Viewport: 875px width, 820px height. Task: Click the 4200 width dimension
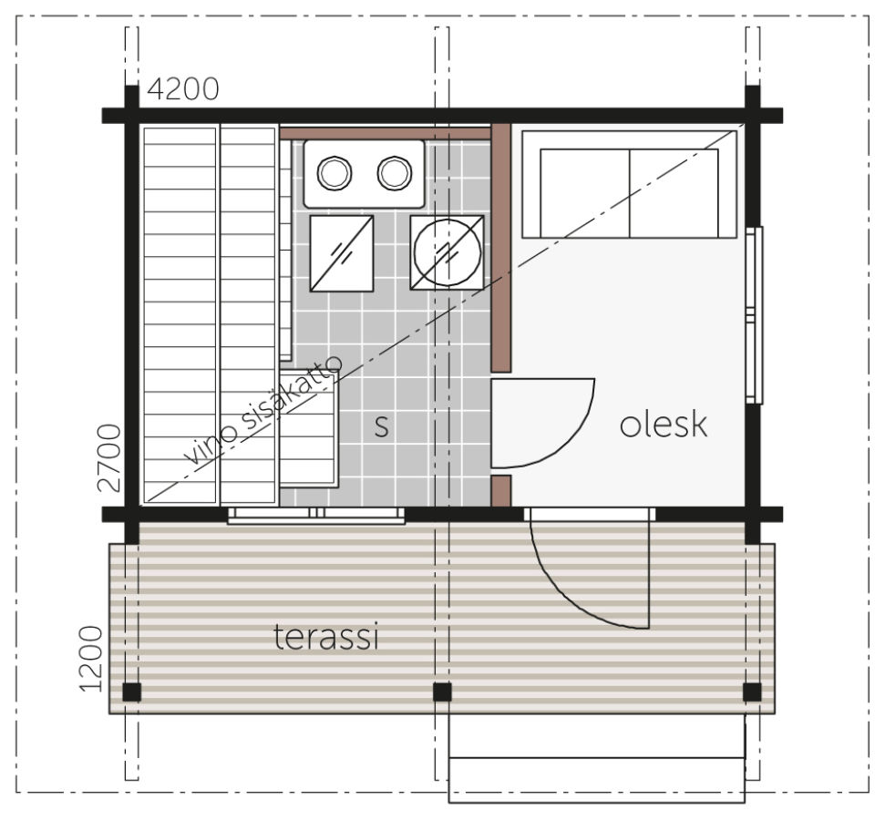pyautogui.click(x=183, y=89)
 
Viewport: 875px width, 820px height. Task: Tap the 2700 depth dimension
pyautogui.click(x=108, y=458)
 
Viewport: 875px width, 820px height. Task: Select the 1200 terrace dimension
pyautogui.click(x=91, y=659)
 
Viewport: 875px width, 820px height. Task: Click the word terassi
pyautogui.click(x=326, y=637)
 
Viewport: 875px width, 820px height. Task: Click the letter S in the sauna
pyautogui.click(x=382, y=426)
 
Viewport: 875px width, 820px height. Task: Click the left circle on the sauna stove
pyautogui.click(x=335, y=173)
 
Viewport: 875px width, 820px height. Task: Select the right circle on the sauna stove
pyautogui.click(x=395, y=173)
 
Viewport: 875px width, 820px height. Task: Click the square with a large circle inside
pyautogui.click(x=447, y=252)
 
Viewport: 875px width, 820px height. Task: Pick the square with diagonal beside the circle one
pyautogui.click(x=342, y=253)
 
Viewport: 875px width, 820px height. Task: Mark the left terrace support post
pyautogui.click(x=131, y=692)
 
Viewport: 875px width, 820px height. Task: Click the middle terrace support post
pyautogui.click(x=442, y=692)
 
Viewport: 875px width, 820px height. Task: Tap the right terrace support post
pyautogui.click(x=752, y=692)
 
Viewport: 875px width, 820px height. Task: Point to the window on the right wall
pyautogui.click(x=755, y=314)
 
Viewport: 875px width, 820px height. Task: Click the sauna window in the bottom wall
pyautogui.click(x=316, y=516)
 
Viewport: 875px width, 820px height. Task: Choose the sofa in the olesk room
pyautogui.click(x=629, y=184)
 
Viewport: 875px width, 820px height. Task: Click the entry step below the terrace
pyautogui.click(x=596, y=780)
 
